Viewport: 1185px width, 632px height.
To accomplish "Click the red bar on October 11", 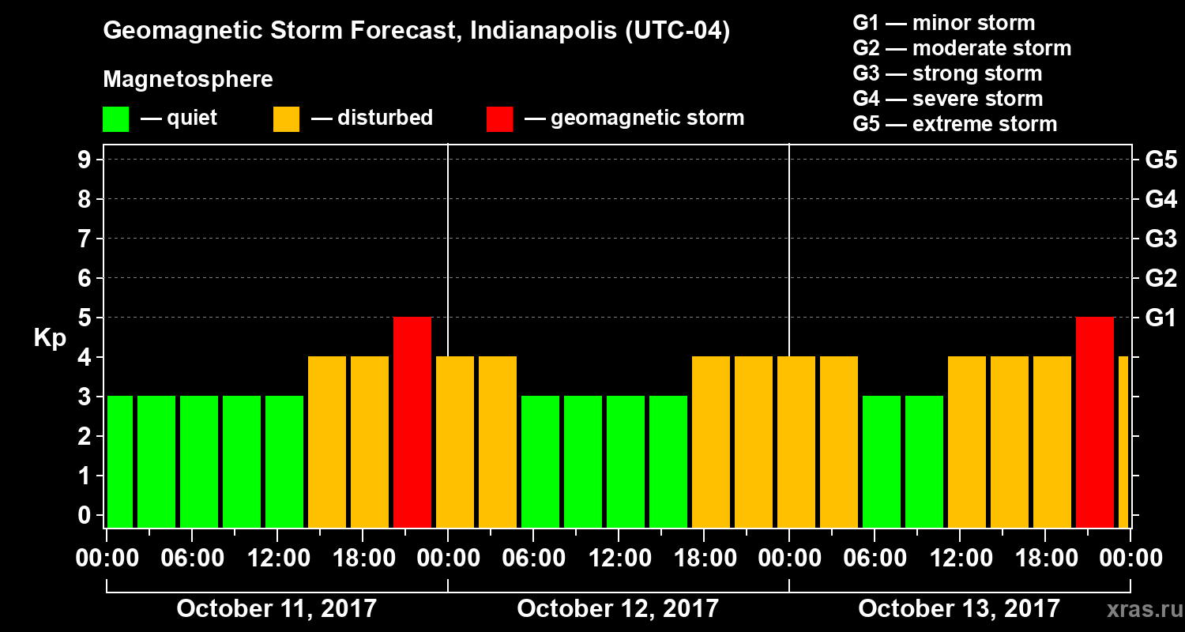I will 412,422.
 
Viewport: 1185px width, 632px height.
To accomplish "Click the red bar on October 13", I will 1095,422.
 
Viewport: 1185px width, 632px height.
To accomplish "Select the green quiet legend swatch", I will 115,119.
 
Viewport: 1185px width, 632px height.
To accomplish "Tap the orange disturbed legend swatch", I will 286,119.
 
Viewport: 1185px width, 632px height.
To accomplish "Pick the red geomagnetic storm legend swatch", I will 499,119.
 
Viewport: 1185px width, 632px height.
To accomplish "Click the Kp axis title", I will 49,338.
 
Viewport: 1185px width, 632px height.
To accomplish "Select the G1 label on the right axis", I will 1161,318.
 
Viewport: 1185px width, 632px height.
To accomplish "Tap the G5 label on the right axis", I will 1161,160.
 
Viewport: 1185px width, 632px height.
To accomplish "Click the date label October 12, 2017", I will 618,609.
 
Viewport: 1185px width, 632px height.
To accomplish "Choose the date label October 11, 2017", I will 276,609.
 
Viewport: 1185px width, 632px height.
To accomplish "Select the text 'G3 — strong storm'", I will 947,73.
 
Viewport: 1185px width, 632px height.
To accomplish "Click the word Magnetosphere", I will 188,80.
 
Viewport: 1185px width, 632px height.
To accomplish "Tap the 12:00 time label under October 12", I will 619,558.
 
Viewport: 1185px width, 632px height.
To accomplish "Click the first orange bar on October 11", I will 327,442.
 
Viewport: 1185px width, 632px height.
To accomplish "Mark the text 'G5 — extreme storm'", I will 954,124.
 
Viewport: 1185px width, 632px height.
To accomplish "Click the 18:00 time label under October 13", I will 1045,558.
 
